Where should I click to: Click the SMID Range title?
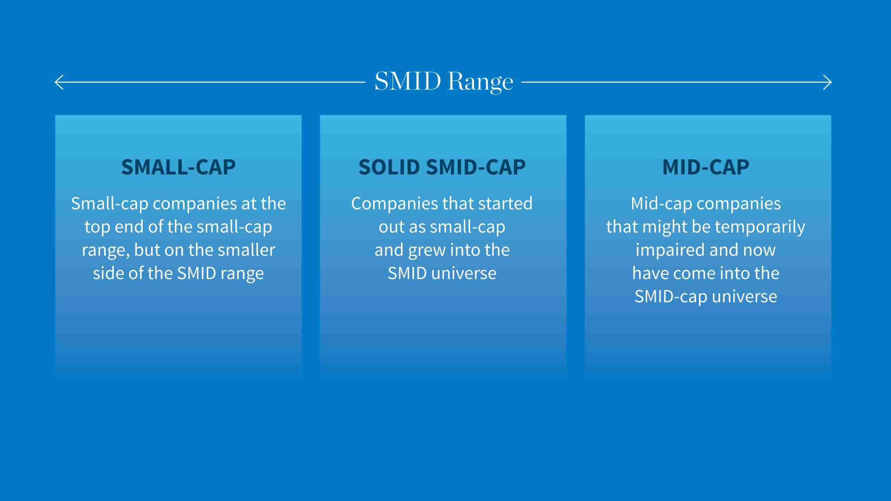(444, 82)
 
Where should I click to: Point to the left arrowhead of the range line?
(56, 82)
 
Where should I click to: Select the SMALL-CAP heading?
(178, 167)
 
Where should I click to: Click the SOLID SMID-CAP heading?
(442, 167)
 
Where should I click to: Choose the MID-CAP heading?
(706, 167)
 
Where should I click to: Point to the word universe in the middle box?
(464, 273)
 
